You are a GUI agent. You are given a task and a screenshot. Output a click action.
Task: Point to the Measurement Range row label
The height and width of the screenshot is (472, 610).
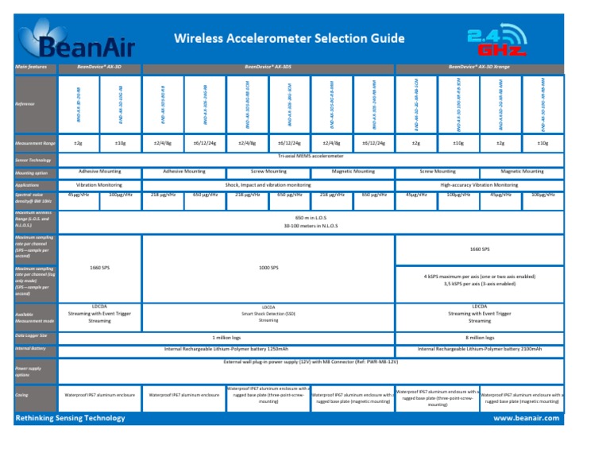(33, 143)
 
